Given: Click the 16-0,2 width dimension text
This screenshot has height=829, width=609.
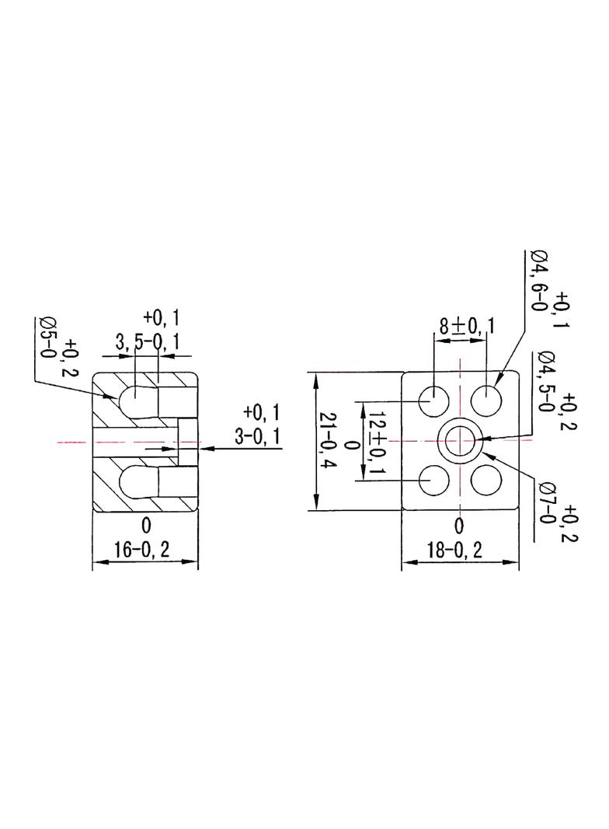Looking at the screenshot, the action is pos(142,549).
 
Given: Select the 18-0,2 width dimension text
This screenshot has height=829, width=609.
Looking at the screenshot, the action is pos(454,551).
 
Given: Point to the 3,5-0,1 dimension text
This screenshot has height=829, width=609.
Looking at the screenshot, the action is pos(148,342).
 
